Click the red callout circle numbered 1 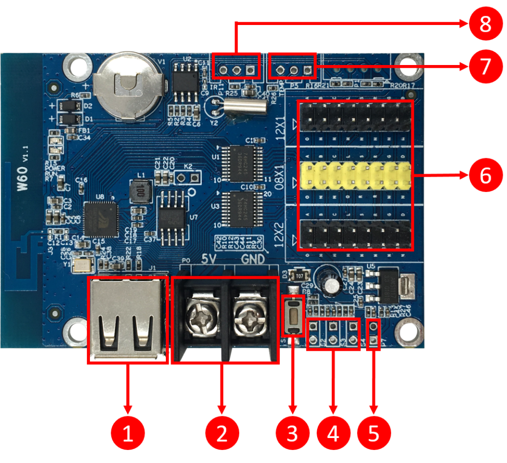[127, 433]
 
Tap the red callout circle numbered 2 [222, 433]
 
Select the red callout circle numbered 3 [293, 433]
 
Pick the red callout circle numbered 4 [333, 433]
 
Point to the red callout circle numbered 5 [373, 433]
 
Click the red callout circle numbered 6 [485, 176]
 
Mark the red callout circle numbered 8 [485, 23]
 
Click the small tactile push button [293, 315]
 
